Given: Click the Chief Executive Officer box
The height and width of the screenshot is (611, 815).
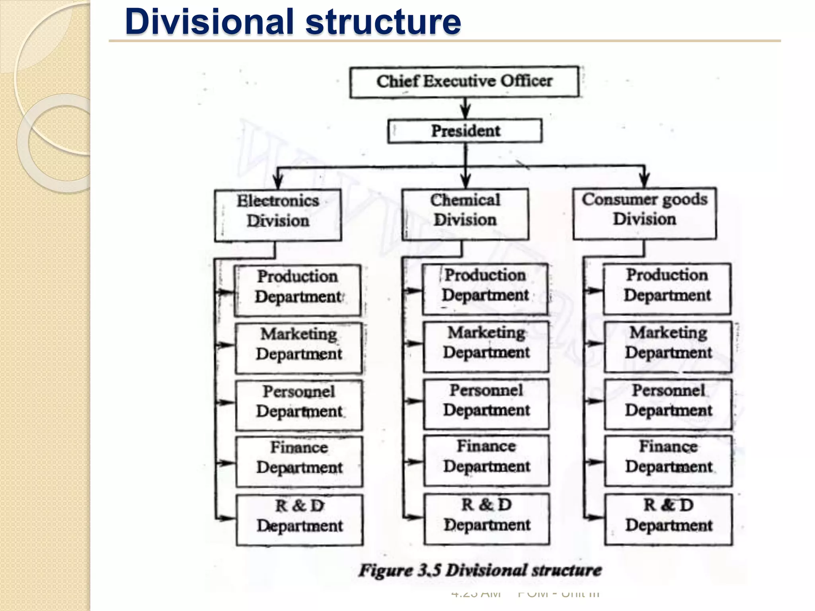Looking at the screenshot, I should [464, 82].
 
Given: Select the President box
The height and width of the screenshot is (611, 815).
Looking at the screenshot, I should [465, 131].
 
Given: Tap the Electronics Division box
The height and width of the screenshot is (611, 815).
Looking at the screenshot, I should [278, 215].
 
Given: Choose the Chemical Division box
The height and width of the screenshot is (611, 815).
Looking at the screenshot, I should [465, 214].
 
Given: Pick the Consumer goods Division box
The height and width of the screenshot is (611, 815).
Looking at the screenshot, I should [644, 213].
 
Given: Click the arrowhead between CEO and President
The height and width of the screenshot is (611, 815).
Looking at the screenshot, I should [466, 111].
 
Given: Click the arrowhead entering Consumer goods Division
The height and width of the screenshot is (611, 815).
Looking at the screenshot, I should [645, 181].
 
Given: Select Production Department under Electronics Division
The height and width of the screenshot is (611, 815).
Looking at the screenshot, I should [298, 290].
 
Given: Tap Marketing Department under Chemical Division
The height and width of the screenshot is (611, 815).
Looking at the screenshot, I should [486, 347].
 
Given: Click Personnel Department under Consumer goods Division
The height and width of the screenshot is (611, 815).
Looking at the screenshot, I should [668, 404].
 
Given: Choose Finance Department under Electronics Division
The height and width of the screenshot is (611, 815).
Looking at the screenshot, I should [299, 462].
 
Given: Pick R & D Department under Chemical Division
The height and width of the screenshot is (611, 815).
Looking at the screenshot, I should [487, 519].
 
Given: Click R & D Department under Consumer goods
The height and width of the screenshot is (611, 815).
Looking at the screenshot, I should [668, 519].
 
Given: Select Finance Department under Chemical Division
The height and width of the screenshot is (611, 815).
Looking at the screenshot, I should [487, 461].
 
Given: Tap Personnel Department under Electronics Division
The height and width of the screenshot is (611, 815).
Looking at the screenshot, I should [299, 405].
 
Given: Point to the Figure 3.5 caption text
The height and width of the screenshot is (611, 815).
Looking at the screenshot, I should [480, 570].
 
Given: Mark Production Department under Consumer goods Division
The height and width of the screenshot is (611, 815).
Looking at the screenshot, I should [667, 289].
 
